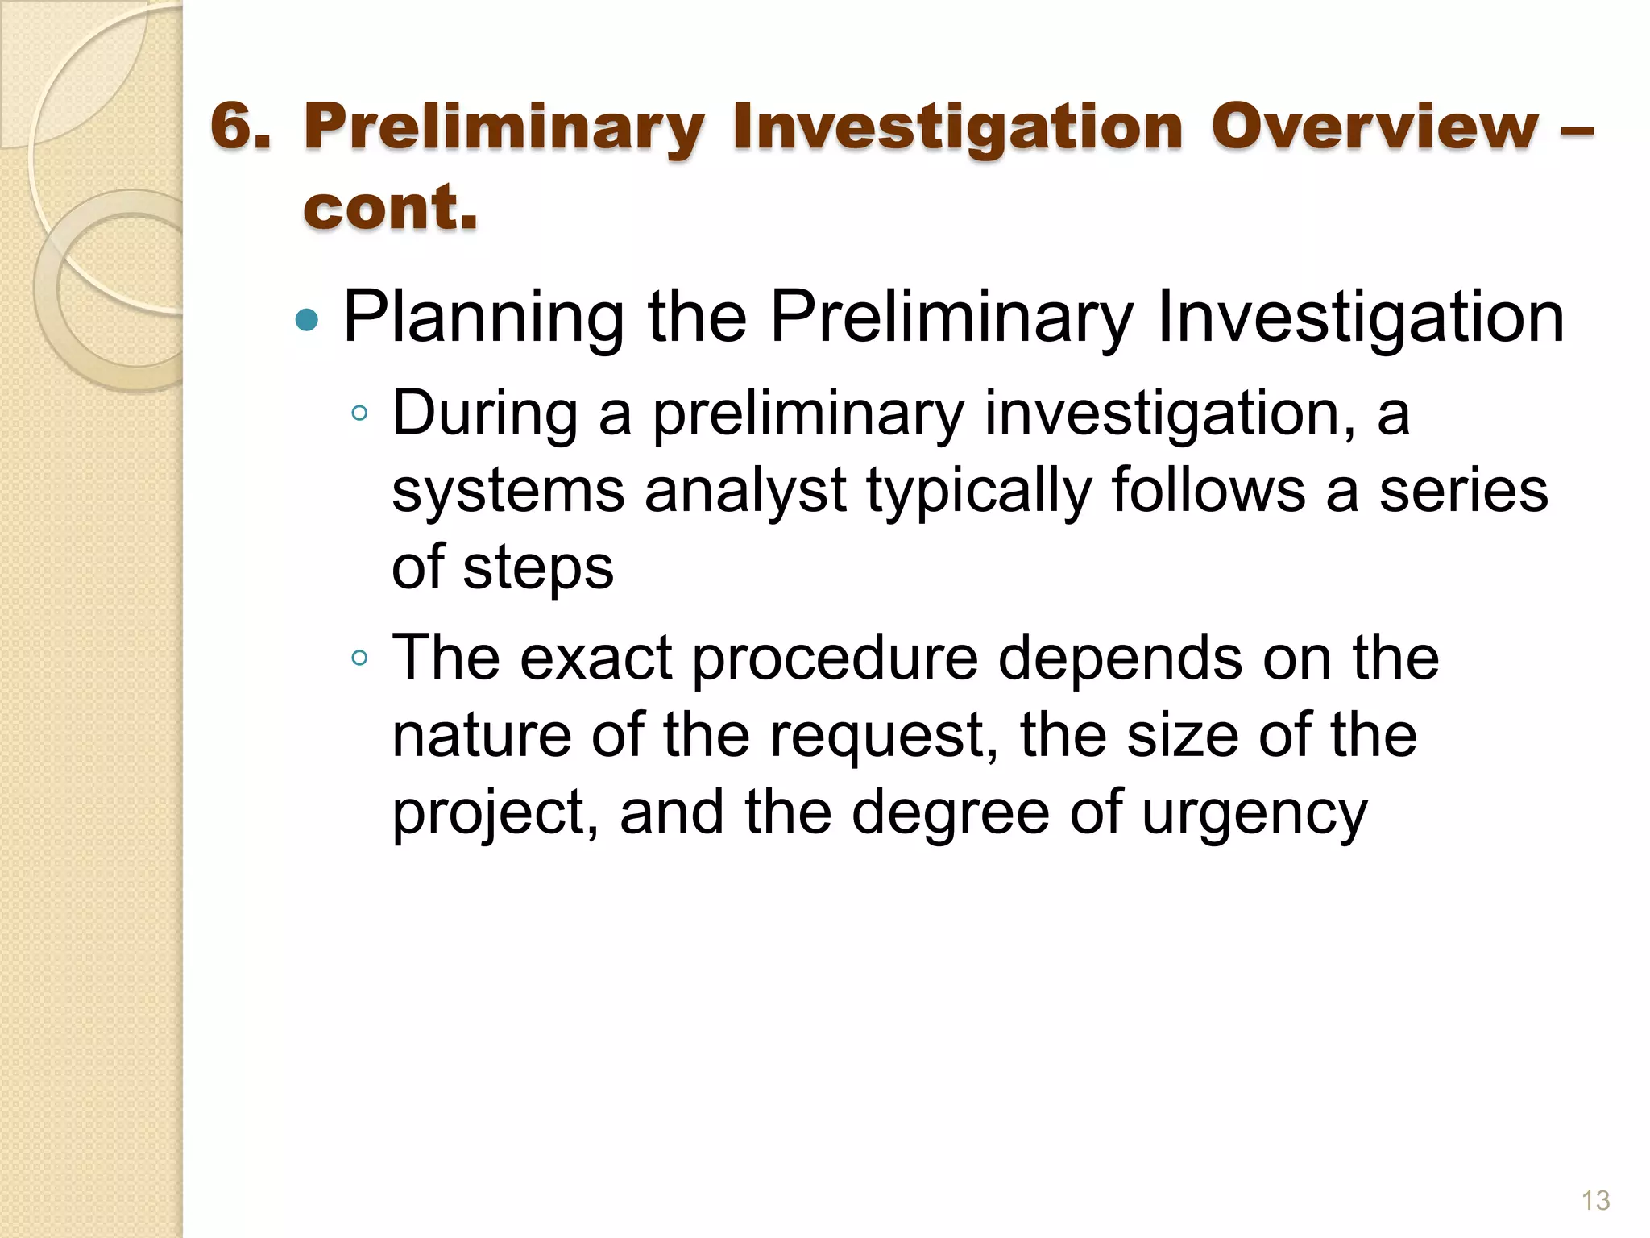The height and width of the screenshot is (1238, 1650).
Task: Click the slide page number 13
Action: point(1595,1200)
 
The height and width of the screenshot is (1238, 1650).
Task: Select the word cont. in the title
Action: point(391,207)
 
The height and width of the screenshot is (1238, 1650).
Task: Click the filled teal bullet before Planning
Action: point(307,321)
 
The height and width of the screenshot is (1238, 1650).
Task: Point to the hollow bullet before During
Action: point(359,414)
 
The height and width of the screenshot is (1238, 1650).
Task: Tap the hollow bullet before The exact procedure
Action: point(359,658)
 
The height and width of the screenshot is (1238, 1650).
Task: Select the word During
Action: point(485,413)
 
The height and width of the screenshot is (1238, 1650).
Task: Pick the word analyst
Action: point(745,491)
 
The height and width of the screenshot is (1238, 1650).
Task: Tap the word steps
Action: point(538,567)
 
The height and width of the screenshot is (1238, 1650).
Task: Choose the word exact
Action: point(595,657)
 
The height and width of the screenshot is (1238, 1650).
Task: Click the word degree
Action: point(951,812)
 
